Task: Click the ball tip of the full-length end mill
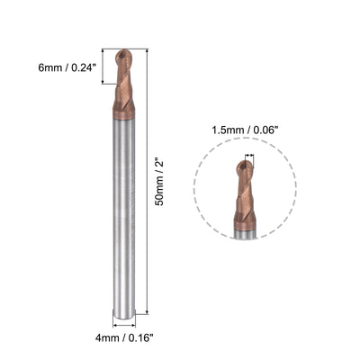[125, 56]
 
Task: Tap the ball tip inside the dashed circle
[245, 166]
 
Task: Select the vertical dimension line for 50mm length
[146, 180]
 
